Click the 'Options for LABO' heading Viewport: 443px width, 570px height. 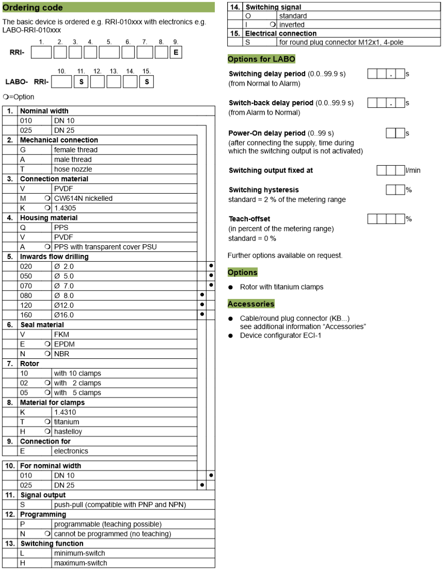261,59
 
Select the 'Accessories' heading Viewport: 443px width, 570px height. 251,304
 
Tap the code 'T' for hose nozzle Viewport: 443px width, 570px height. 23,169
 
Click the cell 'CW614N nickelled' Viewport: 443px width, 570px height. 83,198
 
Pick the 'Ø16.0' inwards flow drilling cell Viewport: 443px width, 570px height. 64,315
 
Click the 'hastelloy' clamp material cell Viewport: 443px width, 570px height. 68,432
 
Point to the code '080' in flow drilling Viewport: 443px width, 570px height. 26,295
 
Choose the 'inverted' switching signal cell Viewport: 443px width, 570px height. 292,24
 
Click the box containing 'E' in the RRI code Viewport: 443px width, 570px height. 176,52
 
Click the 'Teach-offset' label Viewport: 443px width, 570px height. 249,219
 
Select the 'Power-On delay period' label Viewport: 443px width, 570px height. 267,133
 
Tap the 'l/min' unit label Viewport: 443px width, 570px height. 413,170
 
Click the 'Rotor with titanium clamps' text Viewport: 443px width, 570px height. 281,287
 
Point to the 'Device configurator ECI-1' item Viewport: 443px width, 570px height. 280,336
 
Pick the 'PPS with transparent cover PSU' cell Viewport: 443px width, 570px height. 105,247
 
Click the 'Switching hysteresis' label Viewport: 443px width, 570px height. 264,190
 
